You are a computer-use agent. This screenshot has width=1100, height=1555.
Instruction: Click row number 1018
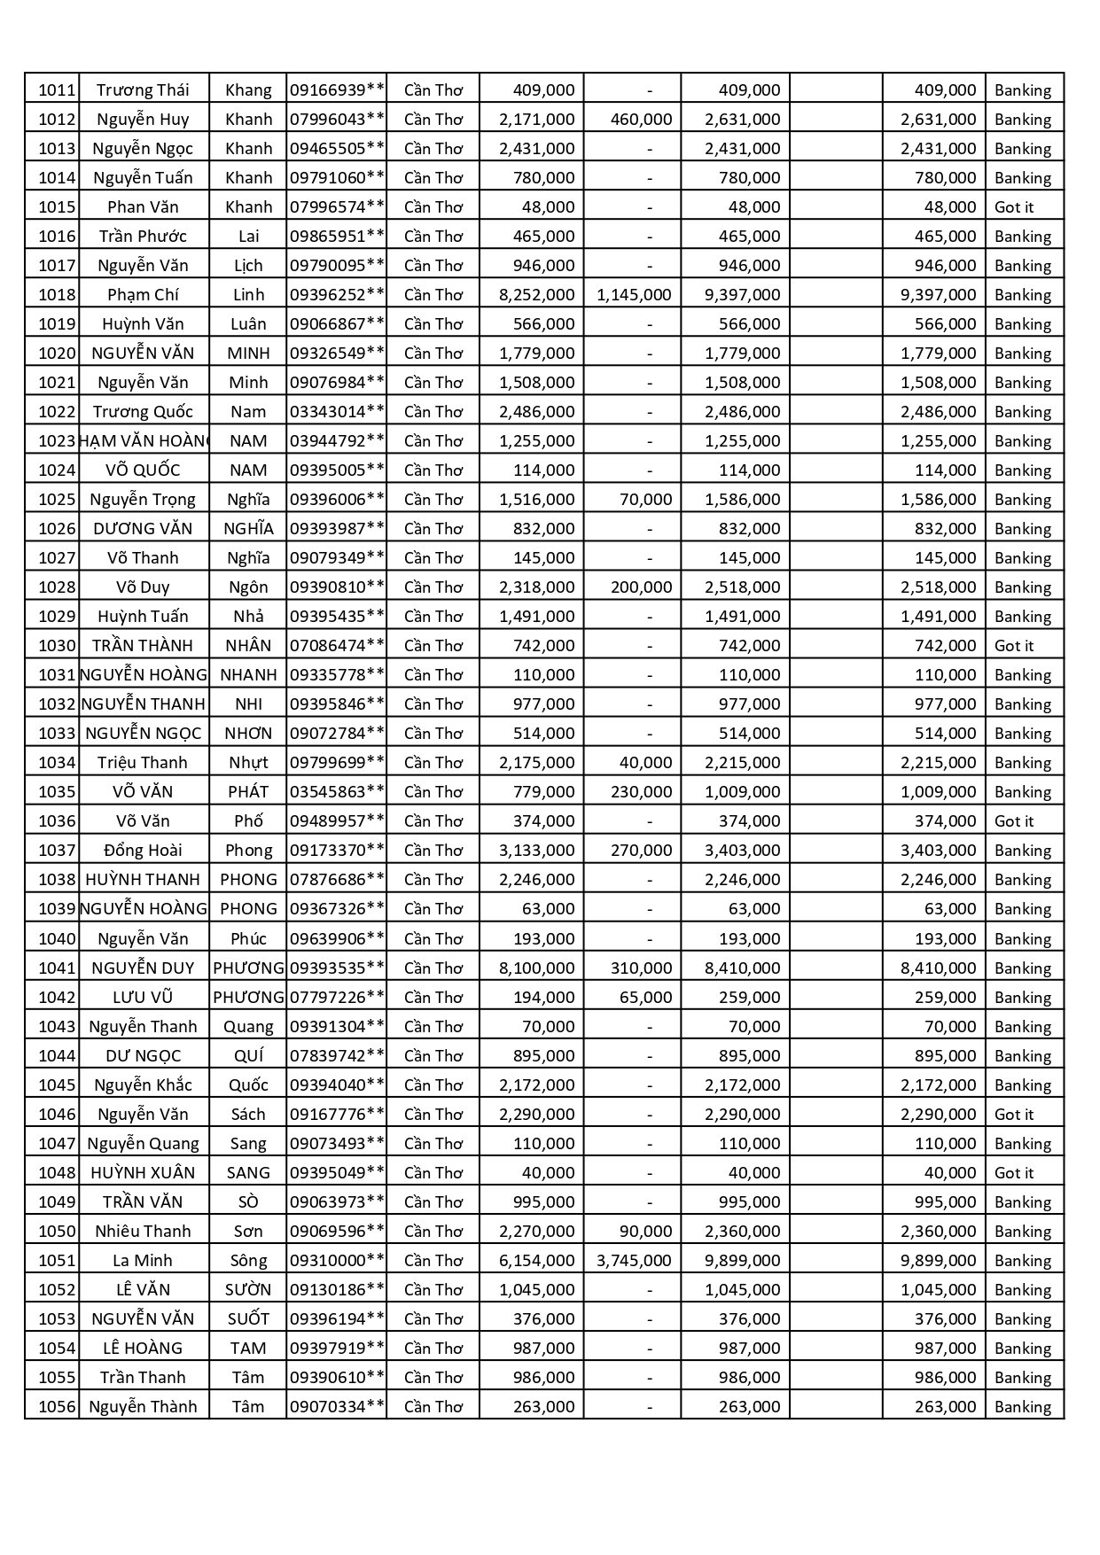point(57,294)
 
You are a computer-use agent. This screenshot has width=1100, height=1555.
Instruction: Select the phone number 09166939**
point(337,89)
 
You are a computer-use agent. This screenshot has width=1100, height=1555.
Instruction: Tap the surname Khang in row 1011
point(248,89)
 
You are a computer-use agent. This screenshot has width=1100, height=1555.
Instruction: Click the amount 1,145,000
point(634,294)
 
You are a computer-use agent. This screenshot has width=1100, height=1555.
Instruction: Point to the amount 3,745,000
point(634,1260)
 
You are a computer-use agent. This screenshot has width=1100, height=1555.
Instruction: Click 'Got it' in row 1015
point(1014,206)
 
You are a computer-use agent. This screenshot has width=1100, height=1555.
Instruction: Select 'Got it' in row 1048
point(1014,1172)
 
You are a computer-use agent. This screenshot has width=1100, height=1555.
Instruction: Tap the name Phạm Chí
point(143,294)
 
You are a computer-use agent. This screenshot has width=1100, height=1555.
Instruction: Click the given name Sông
point(248,1260)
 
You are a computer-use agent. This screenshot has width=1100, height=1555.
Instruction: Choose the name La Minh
point(143,1260)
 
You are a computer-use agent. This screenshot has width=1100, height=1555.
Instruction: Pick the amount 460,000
point(641,119)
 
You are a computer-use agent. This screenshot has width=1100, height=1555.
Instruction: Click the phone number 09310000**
point(337,1260)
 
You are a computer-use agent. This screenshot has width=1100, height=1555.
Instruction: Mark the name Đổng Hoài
point(143,850)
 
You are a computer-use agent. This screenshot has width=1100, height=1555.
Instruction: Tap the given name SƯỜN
point(248,1289)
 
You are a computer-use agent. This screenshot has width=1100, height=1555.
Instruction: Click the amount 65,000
point(645,997)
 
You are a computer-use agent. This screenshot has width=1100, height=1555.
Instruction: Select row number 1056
point(57,1406)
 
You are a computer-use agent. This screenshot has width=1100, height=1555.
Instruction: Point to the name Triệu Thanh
point(143,762)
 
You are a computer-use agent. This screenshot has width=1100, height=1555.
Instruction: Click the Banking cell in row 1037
point(1023,850)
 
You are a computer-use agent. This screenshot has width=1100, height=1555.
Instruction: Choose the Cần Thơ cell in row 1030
point(433,645)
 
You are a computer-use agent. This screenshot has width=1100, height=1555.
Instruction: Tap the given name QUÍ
point(248,1055)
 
